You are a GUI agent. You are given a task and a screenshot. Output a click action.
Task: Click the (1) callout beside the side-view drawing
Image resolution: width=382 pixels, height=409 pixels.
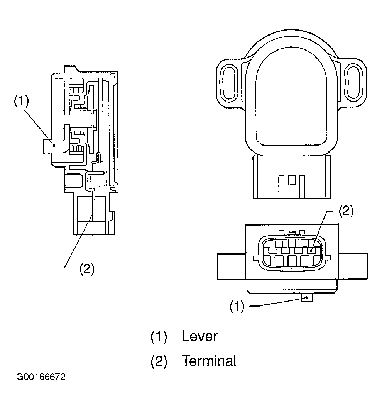22,101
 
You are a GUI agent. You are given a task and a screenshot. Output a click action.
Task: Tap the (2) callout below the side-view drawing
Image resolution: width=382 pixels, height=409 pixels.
87,269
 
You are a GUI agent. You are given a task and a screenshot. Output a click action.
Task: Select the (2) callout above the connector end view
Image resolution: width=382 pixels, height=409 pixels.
346,211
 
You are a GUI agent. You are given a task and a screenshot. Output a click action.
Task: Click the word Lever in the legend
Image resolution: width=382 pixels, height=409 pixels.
199,336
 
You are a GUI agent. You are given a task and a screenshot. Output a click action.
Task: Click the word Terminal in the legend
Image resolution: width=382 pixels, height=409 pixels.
208,361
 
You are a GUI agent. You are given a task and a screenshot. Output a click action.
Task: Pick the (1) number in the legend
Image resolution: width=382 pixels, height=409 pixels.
158,336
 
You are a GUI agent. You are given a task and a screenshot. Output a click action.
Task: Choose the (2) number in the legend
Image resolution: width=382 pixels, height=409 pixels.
158,361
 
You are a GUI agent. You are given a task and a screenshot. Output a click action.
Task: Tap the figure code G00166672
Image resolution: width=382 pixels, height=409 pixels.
41,377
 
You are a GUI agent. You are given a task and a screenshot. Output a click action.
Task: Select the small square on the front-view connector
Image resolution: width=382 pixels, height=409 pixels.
292,180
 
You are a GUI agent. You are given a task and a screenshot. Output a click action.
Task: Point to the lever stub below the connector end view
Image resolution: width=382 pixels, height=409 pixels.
306,298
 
